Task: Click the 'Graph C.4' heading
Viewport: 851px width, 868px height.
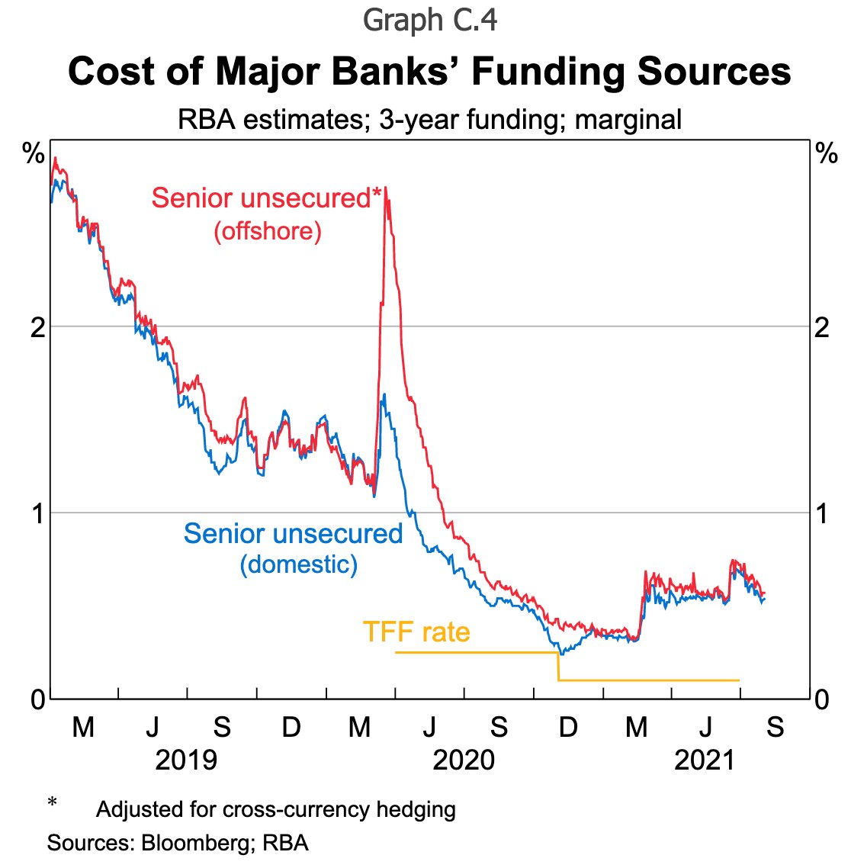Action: coord(430,21)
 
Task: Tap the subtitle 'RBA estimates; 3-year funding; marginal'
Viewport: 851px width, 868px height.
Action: coord(429,120)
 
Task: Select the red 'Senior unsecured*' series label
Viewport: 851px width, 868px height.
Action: coord(266,198)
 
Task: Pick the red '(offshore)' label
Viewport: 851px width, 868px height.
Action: coord(268,230)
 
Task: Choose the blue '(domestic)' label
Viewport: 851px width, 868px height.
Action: coord(298,564)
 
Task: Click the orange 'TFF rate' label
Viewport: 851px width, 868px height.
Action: coord(416,632)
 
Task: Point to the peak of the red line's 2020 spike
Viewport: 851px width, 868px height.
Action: coord(386,188)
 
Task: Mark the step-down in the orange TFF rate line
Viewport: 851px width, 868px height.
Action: coord(559,666)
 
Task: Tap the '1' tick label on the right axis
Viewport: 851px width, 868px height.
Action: coord(822,513)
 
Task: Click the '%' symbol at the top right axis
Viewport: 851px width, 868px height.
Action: coord(827,154)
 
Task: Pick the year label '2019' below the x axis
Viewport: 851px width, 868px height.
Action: coord(186,760)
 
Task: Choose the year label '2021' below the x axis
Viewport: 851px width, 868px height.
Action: coord(705,760)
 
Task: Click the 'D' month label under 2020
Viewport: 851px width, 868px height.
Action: coord(567,727)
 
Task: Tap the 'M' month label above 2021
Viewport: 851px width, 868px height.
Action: coord(637,727)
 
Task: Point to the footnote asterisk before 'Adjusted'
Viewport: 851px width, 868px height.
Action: coord(52,803)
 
